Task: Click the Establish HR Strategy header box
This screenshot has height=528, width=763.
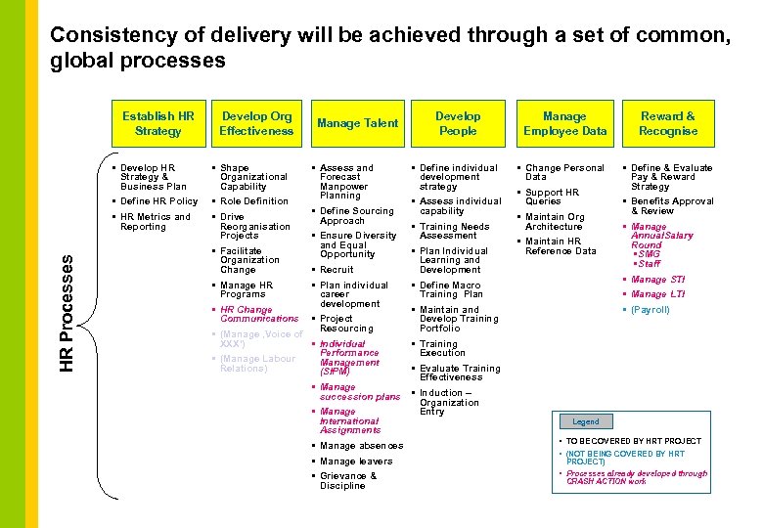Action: pyautogui.click(x=158, y=123)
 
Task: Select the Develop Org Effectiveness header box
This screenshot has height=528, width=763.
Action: pyautogui.click(x=256, y=123)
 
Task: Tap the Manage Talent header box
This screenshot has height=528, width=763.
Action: pyautogui.click(x=358, y=123)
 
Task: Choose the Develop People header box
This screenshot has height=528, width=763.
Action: pyautogui.click(x=458, y=123)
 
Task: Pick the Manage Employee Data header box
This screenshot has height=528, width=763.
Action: pyautogui.click(x=564, y=123)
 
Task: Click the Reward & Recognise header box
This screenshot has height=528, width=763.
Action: pyautogui.click(x=668, y=123)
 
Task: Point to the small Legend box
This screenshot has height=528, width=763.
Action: pyautogui.click(x=586, y=421)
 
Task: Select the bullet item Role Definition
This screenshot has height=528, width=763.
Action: pyautogui.click(x=253, y=201)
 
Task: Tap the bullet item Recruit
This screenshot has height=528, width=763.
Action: pyautogui.click(x=337, y=270)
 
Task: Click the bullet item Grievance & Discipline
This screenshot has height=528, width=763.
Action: pyautogui.click(x=347, y=481)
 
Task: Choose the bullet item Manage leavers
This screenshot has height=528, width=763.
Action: pyautogui.click(x=356, y=462)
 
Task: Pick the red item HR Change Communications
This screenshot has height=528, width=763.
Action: pyautogui.click(x=259, y=314)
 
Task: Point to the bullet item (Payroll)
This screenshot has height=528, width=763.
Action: pyautogui.click(x=651, y=310)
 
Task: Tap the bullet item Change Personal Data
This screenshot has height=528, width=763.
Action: pyautogui.click(x=564, y=172)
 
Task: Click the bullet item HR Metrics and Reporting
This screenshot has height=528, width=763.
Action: pyautogui.click(x=155, y=222)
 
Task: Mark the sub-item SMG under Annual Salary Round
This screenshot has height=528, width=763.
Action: pyautogui.click(x=649, y=254)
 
